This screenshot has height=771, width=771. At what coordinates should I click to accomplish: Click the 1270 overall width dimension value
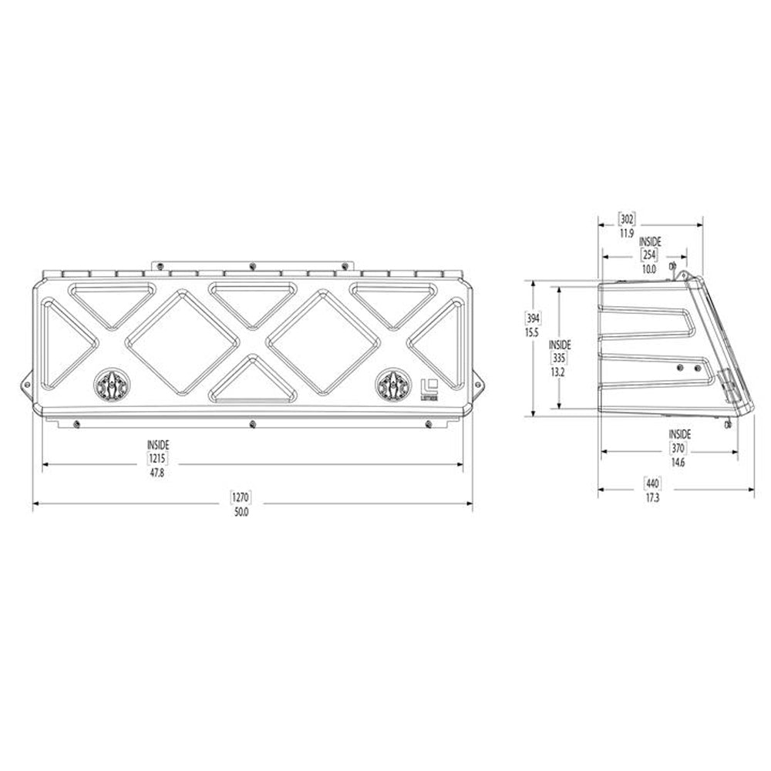241,497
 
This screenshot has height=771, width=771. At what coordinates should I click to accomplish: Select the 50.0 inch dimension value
241,511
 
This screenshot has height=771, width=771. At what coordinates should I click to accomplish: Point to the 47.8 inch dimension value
158,472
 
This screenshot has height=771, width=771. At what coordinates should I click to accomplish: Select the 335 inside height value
560,358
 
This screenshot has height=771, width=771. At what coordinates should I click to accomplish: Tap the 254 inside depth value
649,255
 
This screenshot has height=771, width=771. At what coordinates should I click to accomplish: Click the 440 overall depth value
652,484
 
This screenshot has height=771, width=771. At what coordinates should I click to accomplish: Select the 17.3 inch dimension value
652,498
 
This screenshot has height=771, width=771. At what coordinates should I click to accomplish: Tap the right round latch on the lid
393,383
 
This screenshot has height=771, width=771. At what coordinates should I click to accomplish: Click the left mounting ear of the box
25,382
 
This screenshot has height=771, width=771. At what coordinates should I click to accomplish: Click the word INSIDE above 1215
158,445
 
